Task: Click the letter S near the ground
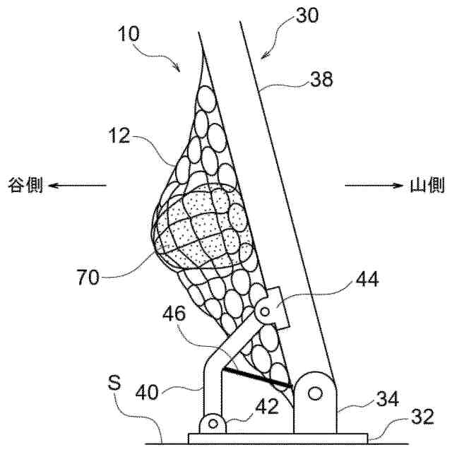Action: click(117, 386)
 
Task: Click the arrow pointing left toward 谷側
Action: click(78, 186)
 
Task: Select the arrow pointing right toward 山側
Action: click(373, 186)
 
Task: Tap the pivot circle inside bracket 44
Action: click(266, 310)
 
